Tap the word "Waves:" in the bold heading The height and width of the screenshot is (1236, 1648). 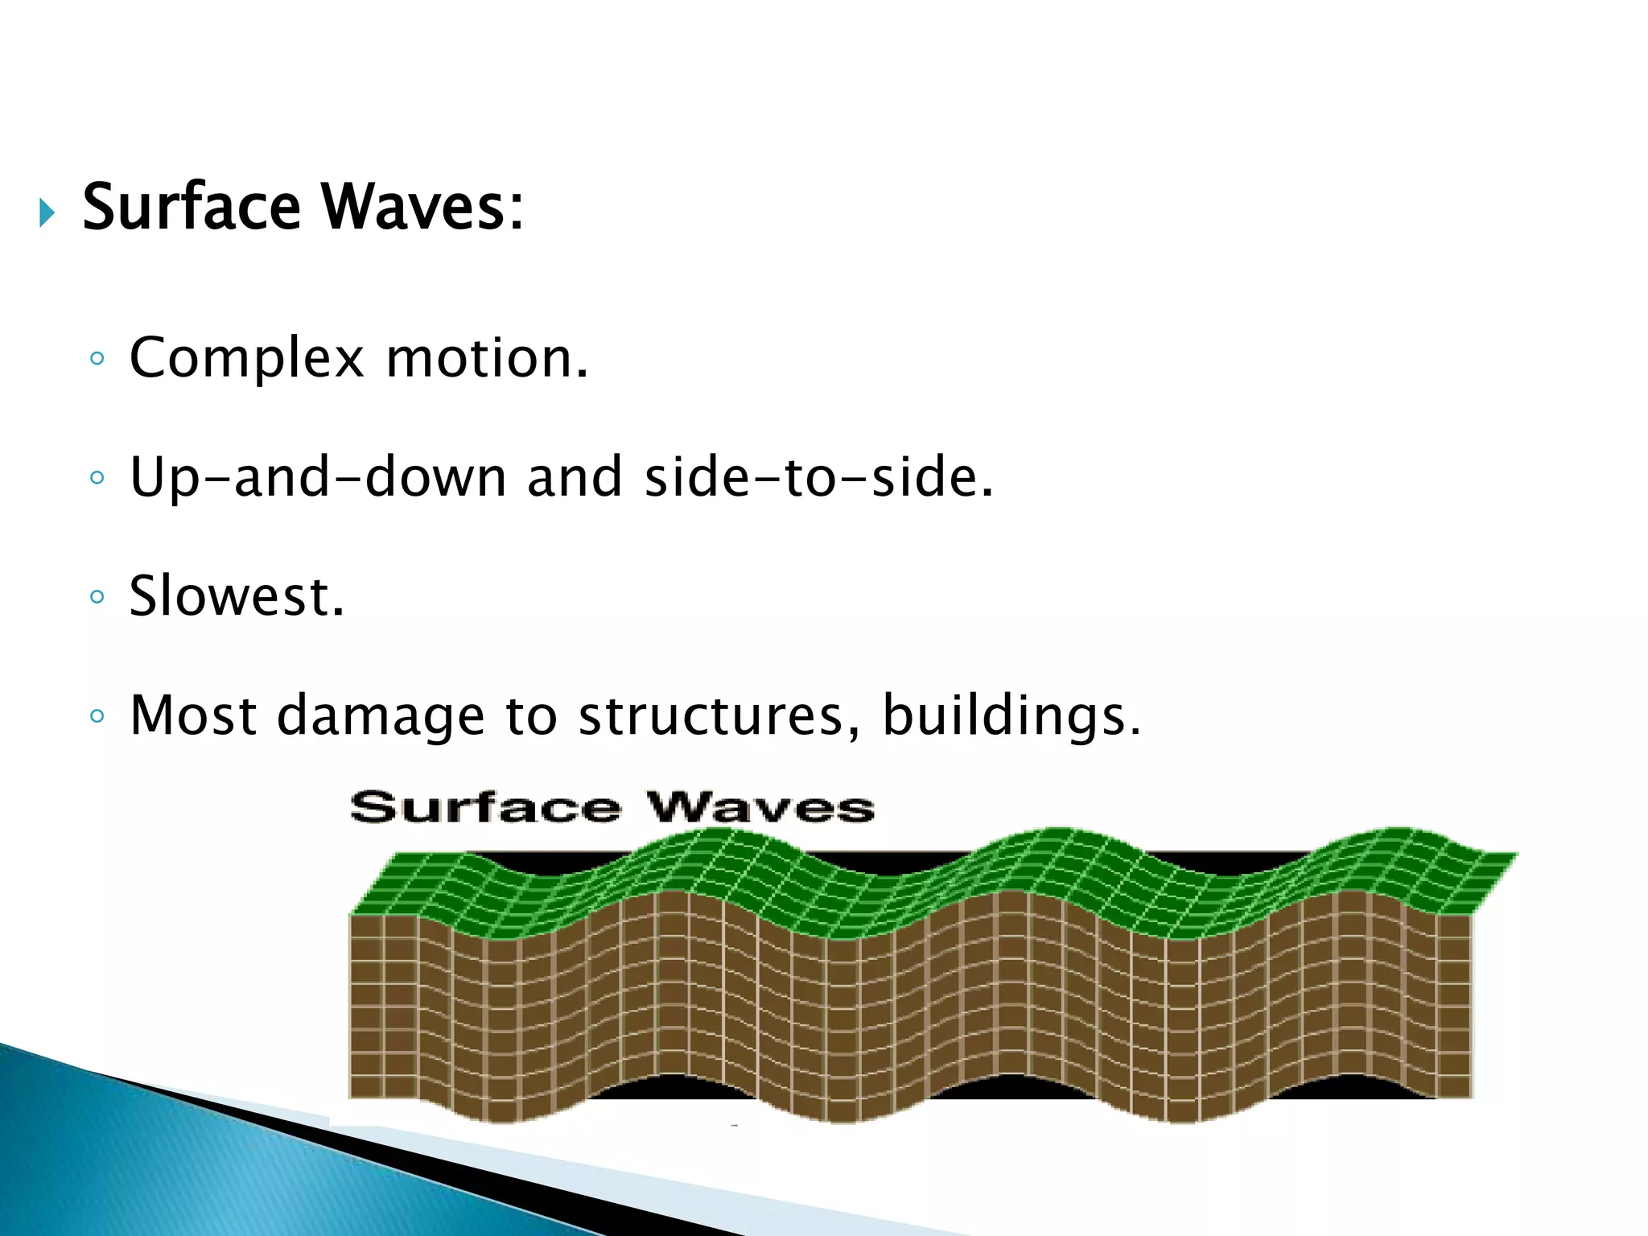[x=423, y=208]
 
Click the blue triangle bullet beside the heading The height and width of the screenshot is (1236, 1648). [x=47, y=213]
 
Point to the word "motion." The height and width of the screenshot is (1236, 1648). [x=488, y=358]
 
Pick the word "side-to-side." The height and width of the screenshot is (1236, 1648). [x=819, y=477]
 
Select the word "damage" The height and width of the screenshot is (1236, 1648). [x=381, y=716]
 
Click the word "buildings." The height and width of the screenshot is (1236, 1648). [x=1011, y=716]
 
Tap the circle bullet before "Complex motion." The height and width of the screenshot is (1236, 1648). [x=97, y=359]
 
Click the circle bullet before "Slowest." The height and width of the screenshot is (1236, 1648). [x=97, y=597]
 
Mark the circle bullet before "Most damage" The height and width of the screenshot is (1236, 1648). [x=97, y=715]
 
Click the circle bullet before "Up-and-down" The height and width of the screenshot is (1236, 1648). [x=97, y=478]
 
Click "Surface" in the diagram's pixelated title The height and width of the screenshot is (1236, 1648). [x=485, y=807]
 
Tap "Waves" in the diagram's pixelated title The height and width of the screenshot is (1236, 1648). [x=760, y=807]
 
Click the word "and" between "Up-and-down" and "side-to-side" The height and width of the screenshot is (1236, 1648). [x=575, y=477]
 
